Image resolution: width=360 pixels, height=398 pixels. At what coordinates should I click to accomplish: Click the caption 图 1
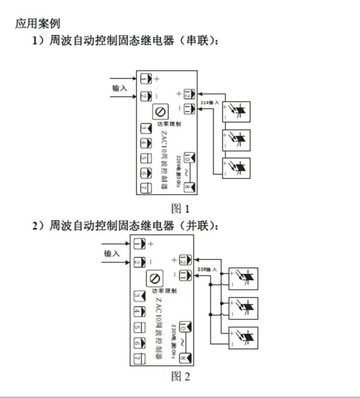[180, 209]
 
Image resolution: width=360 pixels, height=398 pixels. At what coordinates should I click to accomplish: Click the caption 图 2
[180, 376]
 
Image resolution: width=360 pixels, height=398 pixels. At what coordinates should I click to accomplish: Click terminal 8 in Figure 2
[185, 358]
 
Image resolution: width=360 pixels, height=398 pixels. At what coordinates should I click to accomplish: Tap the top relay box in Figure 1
[236, 112]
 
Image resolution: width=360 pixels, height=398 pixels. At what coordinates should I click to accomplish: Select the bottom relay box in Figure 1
[236, 168]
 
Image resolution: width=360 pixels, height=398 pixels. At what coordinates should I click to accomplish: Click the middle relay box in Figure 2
[243, 307]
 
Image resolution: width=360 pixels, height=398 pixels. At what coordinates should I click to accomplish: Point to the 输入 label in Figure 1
[120, 88]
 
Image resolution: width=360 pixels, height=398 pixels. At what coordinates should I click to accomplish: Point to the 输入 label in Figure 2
[112, 254]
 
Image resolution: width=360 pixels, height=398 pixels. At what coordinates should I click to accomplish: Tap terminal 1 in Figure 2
[139, 244]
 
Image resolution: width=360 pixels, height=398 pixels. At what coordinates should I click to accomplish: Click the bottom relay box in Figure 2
[243, 337]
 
